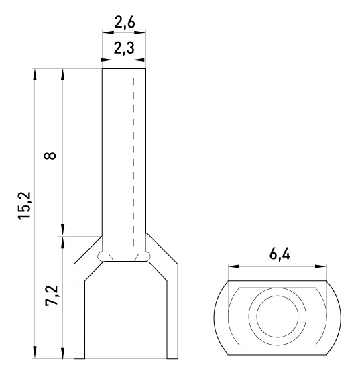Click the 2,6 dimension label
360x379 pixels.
tap(125, 23)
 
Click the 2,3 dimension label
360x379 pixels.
tap(124, 48)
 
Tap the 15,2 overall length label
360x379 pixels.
tap(25, 205)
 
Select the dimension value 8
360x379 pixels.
tap(50, 156)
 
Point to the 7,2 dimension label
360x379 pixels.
tap(52, 296)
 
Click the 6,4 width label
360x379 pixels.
tap(280, 254)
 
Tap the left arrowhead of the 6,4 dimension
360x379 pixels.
tap(234, 266)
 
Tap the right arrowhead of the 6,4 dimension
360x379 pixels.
tap(321, 266)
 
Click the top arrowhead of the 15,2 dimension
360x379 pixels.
tap(35, 74)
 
